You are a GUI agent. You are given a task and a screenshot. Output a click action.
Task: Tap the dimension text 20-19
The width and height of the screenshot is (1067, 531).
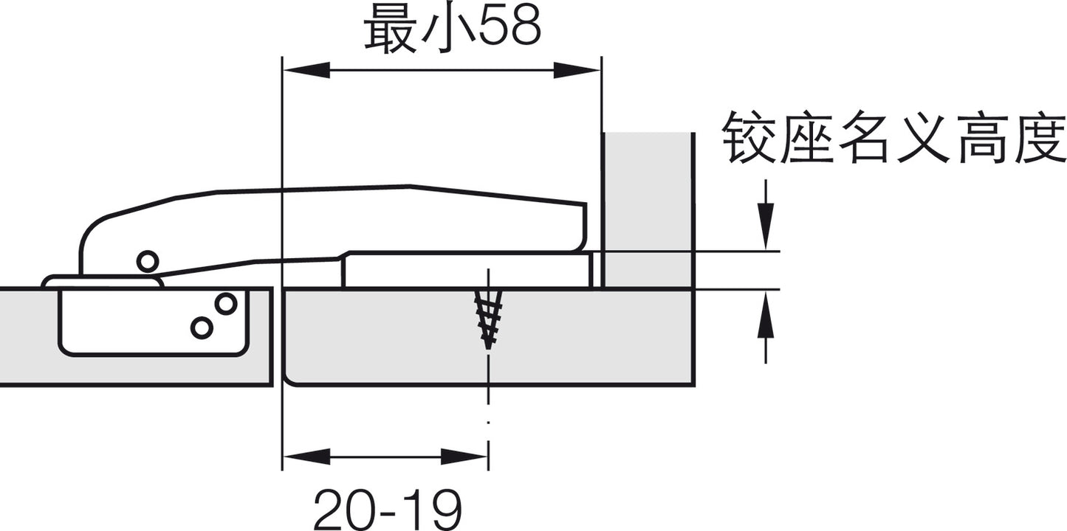tap(387, 509)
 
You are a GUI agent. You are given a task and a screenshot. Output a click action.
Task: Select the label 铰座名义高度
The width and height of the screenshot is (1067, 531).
tap(893, 138)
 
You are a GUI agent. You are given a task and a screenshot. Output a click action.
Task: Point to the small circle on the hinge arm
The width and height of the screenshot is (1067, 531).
tap(148, 262)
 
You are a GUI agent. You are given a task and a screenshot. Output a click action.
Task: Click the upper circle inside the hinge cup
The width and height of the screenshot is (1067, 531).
tap(226, 304)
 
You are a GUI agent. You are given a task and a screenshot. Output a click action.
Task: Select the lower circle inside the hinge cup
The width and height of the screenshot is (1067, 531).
tap(202, 327)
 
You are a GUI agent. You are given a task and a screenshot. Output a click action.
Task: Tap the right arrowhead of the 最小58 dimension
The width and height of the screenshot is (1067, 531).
tap(577, 70)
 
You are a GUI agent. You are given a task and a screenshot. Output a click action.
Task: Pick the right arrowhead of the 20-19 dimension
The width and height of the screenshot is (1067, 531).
tap(464, 457)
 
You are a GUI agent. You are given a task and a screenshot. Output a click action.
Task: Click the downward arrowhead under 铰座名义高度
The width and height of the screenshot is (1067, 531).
tap(766, 226)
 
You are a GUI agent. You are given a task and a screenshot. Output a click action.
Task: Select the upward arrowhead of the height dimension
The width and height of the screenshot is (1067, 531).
tap(766, 314)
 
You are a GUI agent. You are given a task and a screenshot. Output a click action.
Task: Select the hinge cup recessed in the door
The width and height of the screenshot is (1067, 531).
tap(154, 322)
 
